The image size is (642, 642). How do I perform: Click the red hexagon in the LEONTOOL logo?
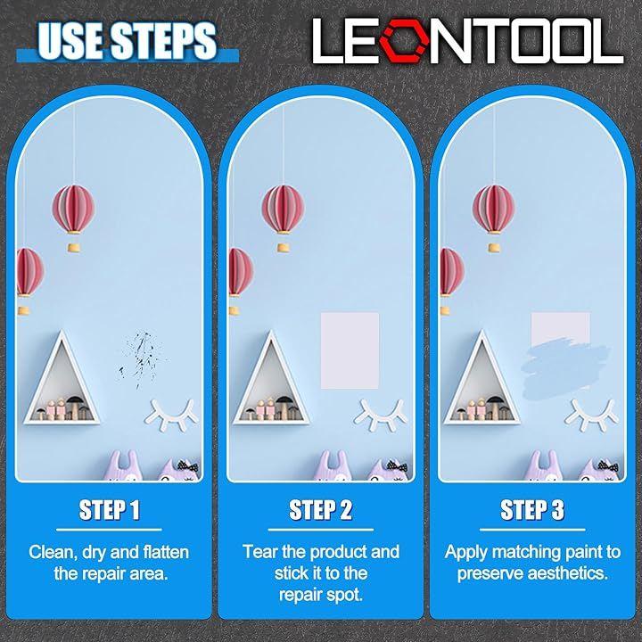coord(404,41)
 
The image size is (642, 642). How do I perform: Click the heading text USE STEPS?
coord(127,40)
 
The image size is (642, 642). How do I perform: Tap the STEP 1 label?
coord(110,510)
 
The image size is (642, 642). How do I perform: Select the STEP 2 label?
coord(321,510)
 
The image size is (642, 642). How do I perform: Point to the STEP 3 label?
coord(532,510)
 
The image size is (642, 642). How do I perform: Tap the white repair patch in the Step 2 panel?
coord(350,350)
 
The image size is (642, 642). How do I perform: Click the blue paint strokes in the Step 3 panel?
coord(564,367)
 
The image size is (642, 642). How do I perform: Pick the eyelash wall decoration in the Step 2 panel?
coord(381,415)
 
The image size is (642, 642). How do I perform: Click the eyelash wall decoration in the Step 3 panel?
coord(592,415)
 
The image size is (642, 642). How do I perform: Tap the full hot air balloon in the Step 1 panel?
coord(74,217)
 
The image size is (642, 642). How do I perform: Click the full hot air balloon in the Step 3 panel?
coord(494,217)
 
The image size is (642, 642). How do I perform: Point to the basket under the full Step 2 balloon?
coord(284,247)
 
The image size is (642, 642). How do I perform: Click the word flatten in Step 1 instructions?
coord(166,552)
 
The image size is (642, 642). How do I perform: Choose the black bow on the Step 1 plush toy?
coord(188,466)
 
